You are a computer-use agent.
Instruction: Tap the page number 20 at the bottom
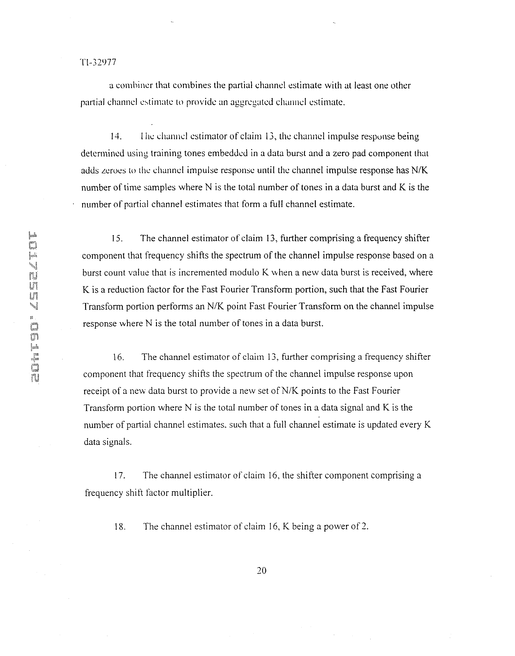(x=261, y=570)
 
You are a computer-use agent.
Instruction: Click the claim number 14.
(x=116, y=137)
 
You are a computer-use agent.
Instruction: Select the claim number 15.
(x=117, y=238)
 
